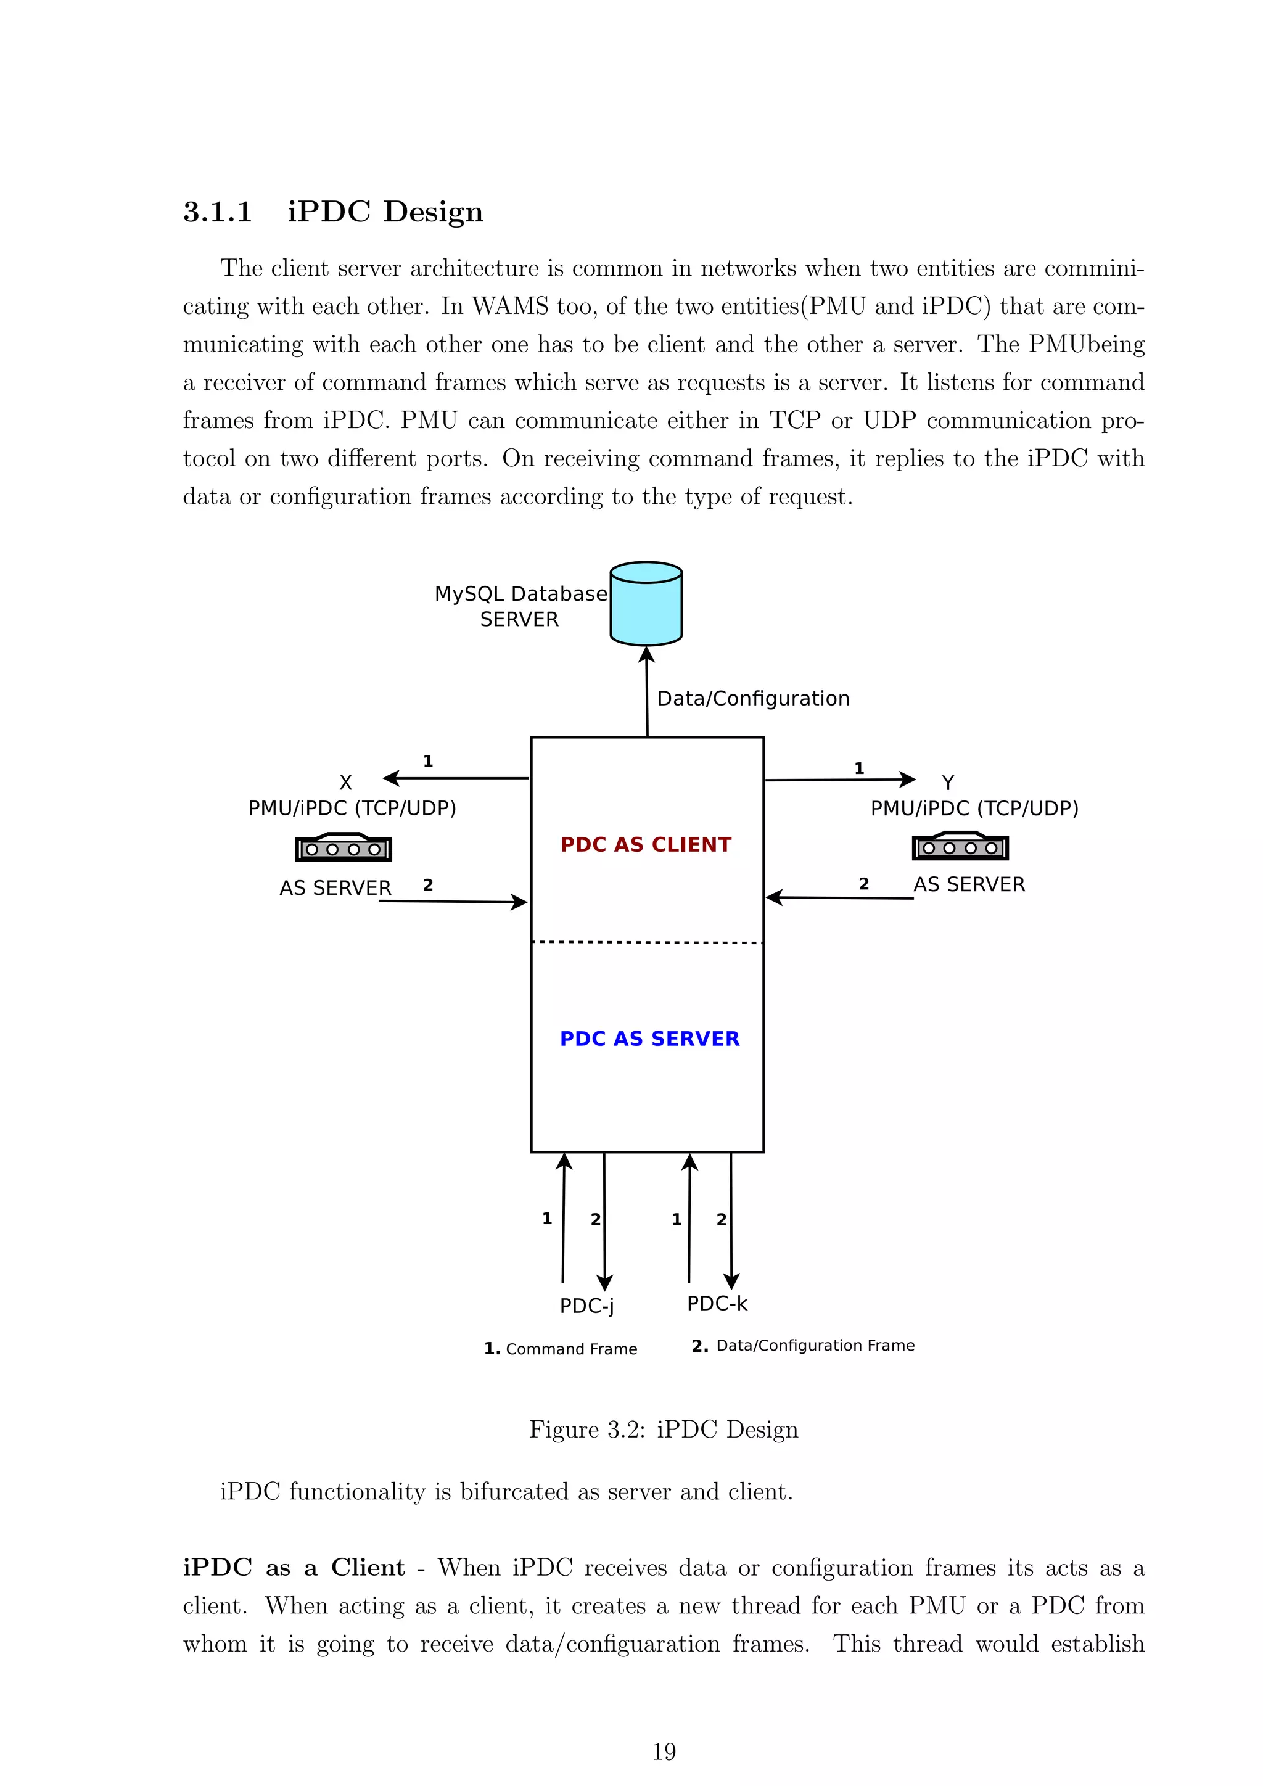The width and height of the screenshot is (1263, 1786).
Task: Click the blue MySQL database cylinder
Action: (646, 604)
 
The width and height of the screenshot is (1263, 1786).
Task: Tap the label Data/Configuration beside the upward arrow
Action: (753, 699)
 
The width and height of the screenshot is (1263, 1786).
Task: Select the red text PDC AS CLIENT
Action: (646, 845)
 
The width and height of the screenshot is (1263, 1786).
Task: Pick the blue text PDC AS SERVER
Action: (649, 1039)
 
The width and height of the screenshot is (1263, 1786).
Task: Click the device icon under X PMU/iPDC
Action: (343, 847)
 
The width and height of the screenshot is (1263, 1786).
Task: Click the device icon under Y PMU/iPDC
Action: (960, 846)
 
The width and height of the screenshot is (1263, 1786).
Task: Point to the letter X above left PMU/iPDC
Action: (345, 783)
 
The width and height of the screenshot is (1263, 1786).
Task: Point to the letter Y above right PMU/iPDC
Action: (947, 783)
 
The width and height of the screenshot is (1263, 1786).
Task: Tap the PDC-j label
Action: (586, 1306)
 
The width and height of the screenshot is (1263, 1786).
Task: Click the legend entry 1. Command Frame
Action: (560, 1349)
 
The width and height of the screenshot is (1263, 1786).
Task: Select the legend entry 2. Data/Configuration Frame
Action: (802, 1346)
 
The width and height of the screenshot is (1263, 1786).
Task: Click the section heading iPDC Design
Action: (385, 212)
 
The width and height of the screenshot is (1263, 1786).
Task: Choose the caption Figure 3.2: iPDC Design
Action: (664, 1430)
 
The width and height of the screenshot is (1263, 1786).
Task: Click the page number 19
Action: (664, 1752)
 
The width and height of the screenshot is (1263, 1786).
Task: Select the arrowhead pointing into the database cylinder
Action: (646, 655)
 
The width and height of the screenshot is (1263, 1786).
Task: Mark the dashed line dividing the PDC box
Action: (647, 942)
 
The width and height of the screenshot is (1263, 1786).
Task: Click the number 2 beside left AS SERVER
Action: (428, 885)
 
